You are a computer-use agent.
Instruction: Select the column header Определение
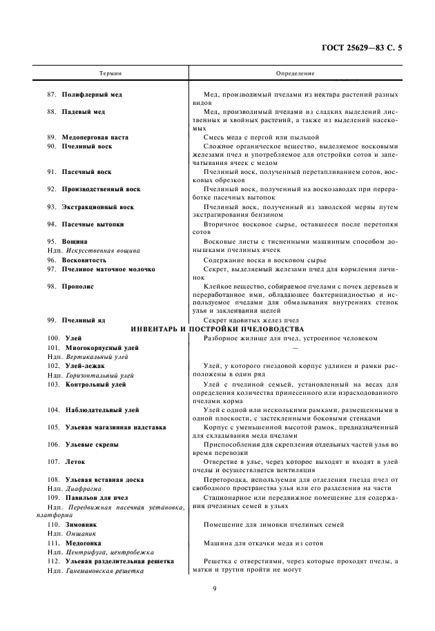[295, 72]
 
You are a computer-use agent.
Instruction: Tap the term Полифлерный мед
[93, 94]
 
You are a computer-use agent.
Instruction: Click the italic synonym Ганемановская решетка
[104, 571]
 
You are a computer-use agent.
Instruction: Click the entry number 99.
[52, 320]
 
